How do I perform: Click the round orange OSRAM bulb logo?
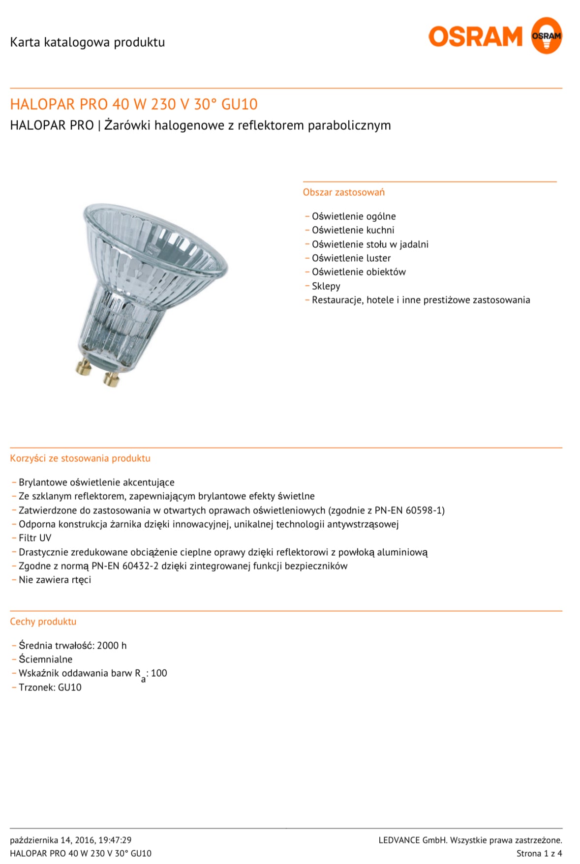pyautogui.click(x=546, y=35)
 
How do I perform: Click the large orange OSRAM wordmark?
pyautogui.click(x=475, y=37)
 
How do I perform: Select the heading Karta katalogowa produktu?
pyautogui.click(x=87, y=42)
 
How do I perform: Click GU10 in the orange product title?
pyautogui.click(x=240, y=104)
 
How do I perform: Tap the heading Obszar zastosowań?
pyautogui.click(x=343, y=192)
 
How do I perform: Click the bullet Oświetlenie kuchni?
pyautogui.click(x=353, y=230)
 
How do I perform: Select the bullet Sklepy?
pyautogui.click(x=326, y=286)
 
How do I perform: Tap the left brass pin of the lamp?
pyautogui.click(x=83, y=367)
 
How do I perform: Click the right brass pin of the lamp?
pyautogui.click(x=111, y=379)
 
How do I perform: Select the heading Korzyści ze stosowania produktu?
pyautogui.click(x=80, y=458)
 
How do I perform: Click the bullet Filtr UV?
pyautogui.click(x=35, y=538)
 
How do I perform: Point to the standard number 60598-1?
pyautogui.click(x=425, y=510)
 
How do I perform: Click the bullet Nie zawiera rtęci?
pyautogui.click(x=55, y=580)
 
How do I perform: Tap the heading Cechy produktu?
pyautogui.click(x=43, y=622)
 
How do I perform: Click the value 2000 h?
pyautogui.click(x=112, y=646)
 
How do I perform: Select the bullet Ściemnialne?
pyautogui.click(x=45, y=659)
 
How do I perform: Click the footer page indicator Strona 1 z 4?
pyautogui.click(x=539, y=854)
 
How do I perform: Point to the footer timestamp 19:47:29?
pyautogui.click(x=115, y=840)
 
